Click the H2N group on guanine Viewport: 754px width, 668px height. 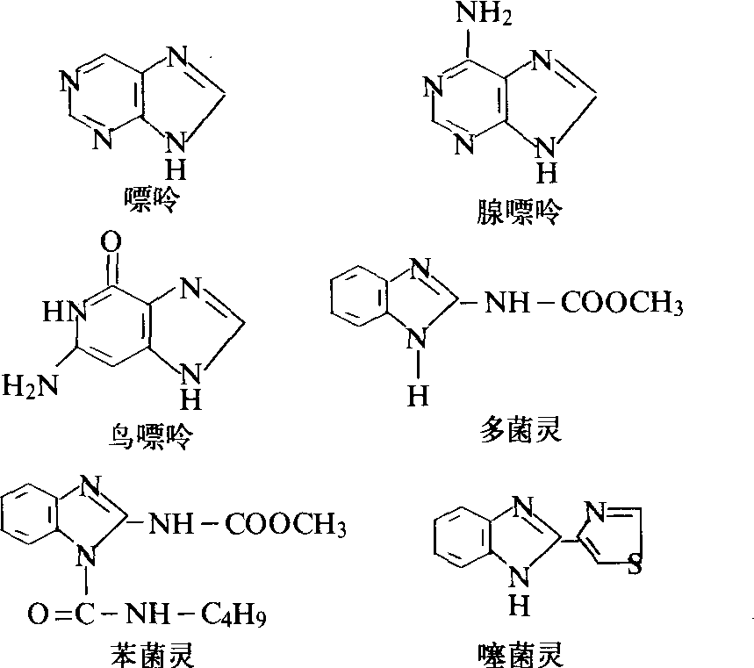pos(30,384)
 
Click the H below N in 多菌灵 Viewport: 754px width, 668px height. pos(418,396)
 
